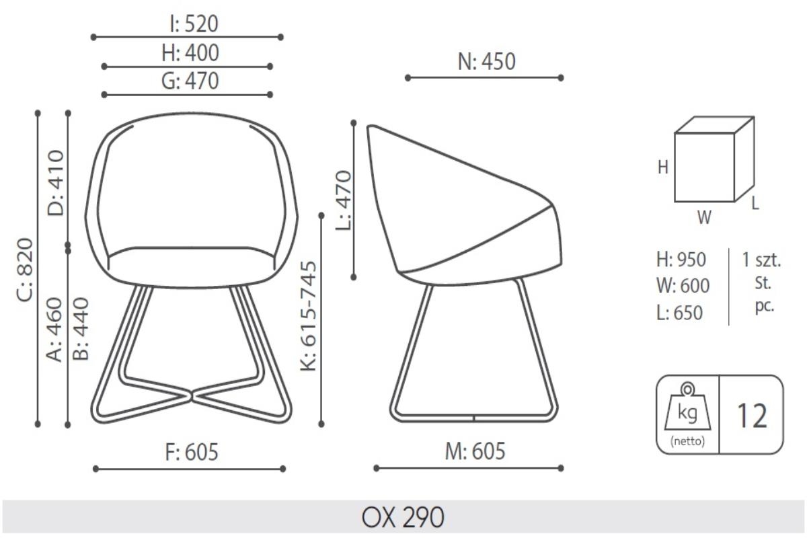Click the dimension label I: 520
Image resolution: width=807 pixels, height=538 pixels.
click(194, 24)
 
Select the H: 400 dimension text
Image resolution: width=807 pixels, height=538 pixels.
click(190, 52)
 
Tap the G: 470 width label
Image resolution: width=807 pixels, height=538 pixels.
click(190, 81)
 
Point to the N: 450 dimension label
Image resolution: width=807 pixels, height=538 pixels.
click(486, 62)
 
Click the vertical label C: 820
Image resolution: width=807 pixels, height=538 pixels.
click(26, 270)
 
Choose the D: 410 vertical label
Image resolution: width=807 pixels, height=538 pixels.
click(56, 183)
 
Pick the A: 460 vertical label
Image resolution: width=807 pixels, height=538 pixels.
click(54, 329)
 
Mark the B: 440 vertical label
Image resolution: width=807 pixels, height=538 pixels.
click(80, 329)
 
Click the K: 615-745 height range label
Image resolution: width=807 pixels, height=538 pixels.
click(309, 316)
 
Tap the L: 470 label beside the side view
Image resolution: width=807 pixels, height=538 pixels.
click(344, 200)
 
